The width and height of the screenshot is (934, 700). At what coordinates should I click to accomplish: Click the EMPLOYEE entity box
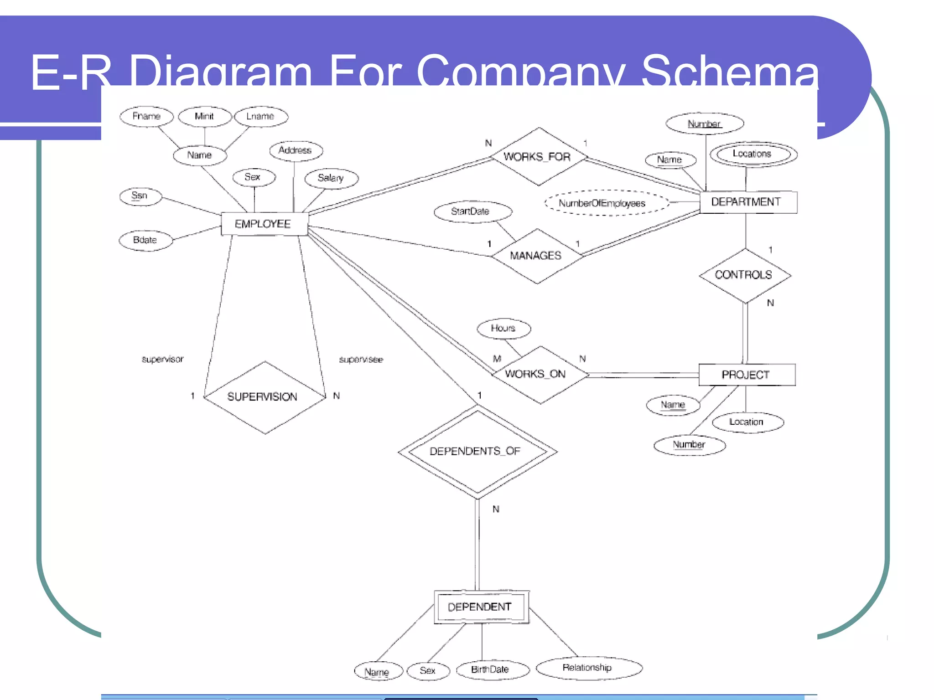(x=264, y=224)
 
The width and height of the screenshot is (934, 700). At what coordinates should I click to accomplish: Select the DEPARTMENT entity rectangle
(x=747, y=202)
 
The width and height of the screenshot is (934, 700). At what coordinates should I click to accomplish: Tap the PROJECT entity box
(x=747, y=375)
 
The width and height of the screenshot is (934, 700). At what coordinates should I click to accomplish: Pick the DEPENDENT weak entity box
(x=481, y=607)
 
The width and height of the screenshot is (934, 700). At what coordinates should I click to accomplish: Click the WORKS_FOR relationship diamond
(x=538, y=157)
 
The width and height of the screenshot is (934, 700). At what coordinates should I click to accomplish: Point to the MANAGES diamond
(x=536, y=256)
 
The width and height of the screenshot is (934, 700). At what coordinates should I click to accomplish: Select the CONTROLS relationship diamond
(x=744, y=275)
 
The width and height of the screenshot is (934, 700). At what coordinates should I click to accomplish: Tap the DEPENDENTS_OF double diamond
(x=477, y=451)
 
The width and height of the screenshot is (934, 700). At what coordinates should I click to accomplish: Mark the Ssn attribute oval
(x=140, y=196)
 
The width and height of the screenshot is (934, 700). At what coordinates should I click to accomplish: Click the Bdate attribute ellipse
(x=145, y=240)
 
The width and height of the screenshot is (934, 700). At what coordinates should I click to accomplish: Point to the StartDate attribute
(x=472, y=211)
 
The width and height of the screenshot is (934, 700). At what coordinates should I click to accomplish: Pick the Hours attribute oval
(x=503, y=328)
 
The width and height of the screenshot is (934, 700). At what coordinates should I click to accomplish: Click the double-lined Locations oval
(x=752, y=154)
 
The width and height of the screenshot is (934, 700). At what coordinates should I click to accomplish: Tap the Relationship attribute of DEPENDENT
(x=588, y=668)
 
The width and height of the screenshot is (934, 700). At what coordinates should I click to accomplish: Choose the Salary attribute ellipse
(x=331, y=178)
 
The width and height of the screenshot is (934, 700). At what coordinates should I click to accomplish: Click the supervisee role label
(x=361, y=360)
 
